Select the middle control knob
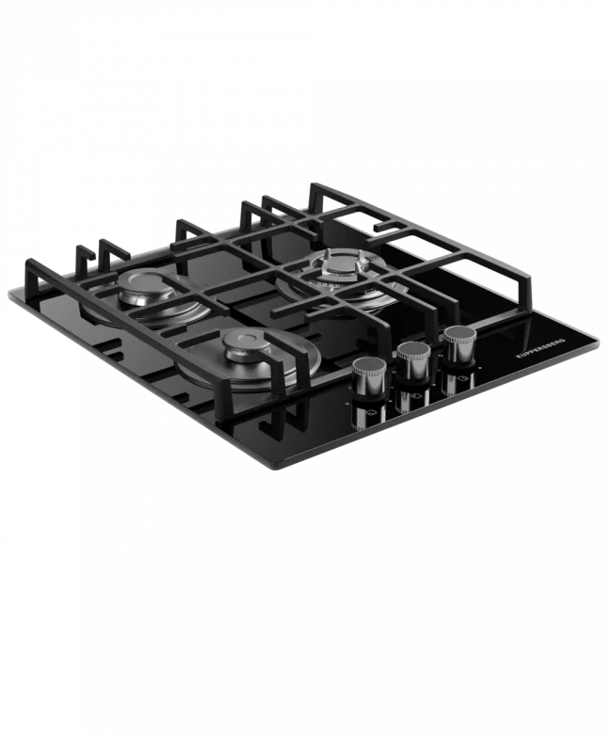[414, 362]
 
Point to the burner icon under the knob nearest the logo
[462, 378]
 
